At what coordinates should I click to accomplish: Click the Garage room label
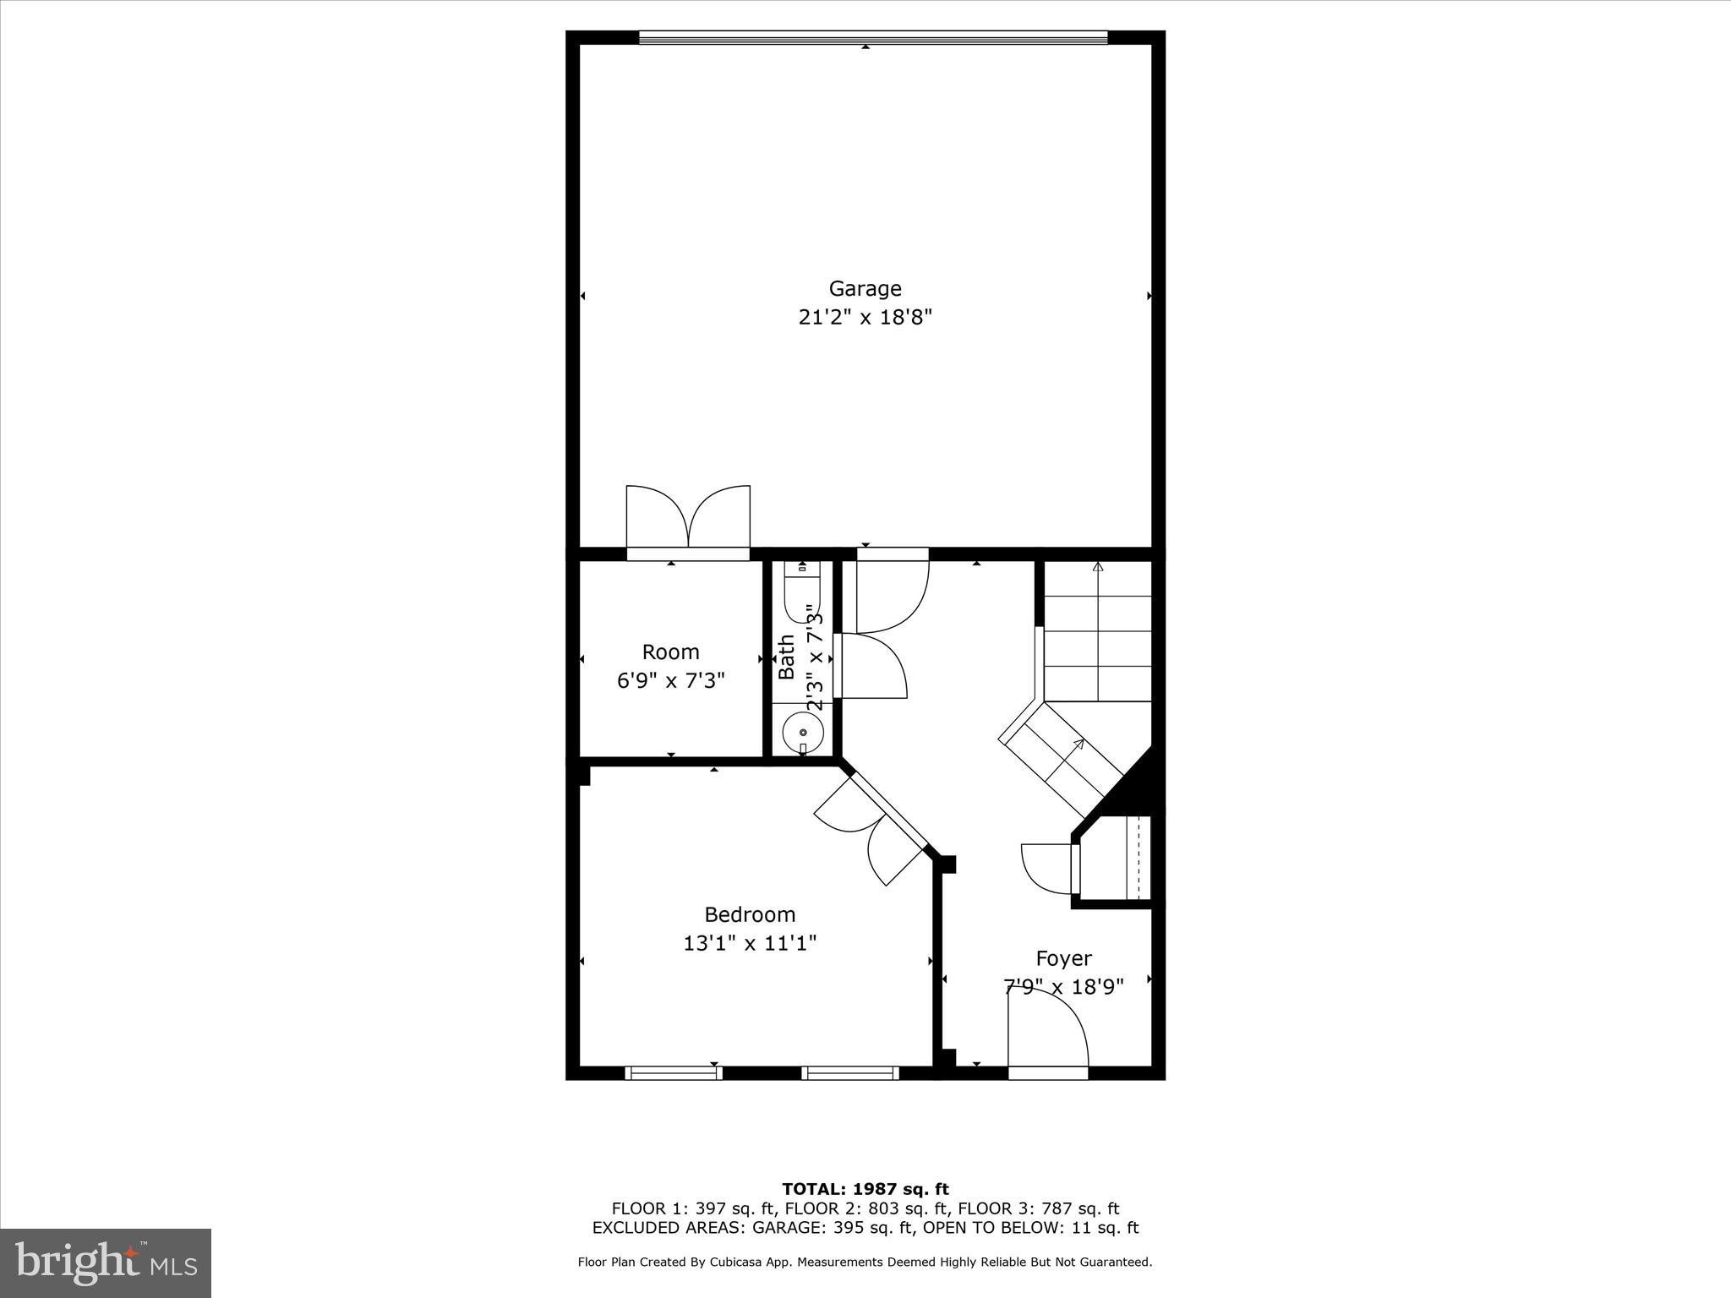[x=865, y=289]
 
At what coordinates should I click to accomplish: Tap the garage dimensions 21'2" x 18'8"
[x=865, y=318]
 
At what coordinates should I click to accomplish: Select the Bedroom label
[x=750, y=914]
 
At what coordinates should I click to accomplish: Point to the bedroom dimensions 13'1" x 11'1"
[x=750, y=943]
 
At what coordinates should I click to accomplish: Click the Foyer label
[x=1063, y=958]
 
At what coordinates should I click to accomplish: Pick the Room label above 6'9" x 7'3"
[x=670, y=652]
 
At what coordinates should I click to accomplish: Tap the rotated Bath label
[x=787, y=657]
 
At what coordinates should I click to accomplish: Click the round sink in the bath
[x=802, y=732]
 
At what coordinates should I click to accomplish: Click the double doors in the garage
[x=688, y=517]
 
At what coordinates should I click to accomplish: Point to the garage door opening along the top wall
[x=872, y=37]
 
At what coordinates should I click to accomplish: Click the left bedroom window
[x=674, y=1072]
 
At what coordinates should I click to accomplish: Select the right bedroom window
[x=849, y=1072]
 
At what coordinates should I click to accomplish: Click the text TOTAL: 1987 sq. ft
[x=865, y=1190]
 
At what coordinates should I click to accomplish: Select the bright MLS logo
[x=106, y=1263]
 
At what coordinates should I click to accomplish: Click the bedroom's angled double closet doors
[x=871, y=832]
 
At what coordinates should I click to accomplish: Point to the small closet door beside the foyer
[x=1048, y=867]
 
